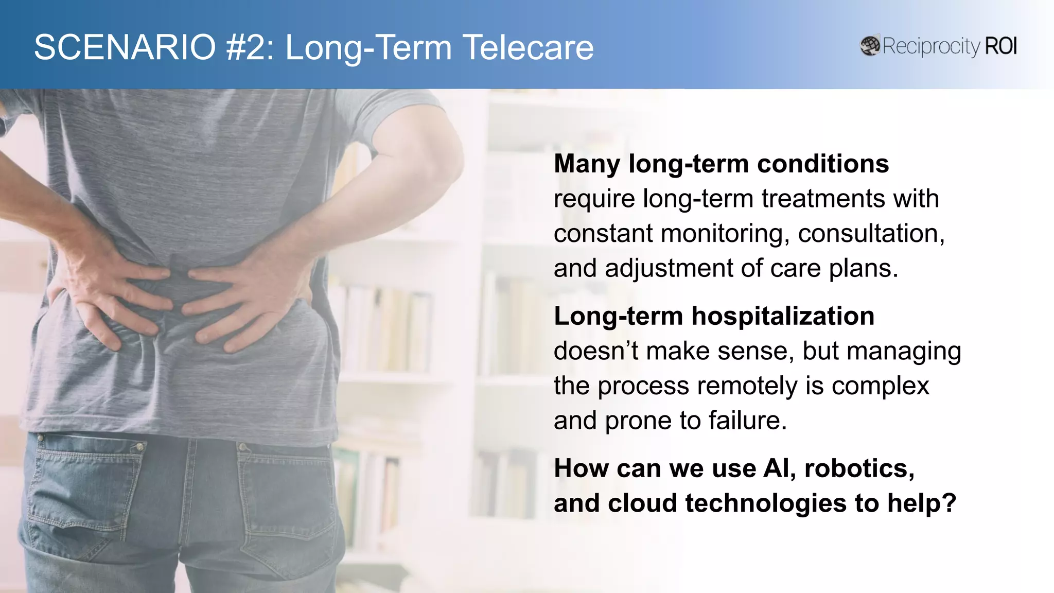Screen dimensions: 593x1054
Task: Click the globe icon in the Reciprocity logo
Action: pyautogui.click(x=870, y=46)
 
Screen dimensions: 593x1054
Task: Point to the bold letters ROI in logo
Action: pyautogui.click(x=1000, y=46)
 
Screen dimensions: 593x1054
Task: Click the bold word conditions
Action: pyautogui.click(x=823, y=164)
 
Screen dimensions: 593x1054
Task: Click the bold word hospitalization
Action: pyautogui.click(x=782, y=316)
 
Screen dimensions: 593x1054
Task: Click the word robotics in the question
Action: pyautogui.click(x=858, y=468)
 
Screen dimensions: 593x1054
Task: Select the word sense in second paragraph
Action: pyautogui.click(x=751, y=351)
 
